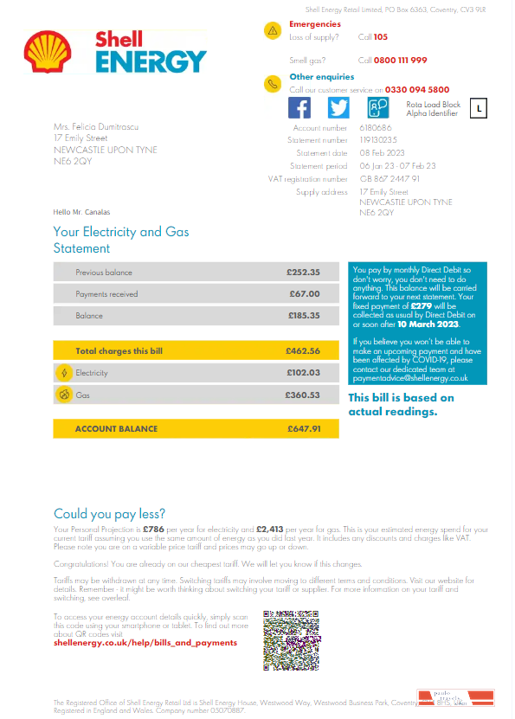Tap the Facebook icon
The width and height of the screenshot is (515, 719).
pos(299,107)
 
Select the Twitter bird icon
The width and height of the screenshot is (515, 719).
pos(338,107)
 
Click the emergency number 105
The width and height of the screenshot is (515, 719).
pos(381,37)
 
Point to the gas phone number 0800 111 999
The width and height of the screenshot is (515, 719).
pos(401,60)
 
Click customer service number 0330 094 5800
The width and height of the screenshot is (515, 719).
pos(417,89)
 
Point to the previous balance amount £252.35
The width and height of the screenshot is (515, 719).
pos(303,273)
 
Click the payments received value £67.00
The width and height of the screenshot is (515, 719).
pos(305,294)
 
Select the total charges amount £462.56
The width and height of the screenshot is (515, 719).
pos(303,351)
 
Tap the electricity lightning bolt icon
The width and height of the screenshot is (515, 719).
pos(63,373)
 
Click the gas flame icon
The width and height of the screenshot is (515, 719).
pos(63,395)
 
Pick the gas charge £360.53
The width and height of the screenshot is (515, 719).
pos(303,395)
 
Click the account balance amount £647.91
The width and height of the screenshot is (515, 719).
pos(304,428)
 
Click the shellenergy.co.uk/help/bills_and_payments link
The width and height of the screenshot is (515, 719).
pos(145,643)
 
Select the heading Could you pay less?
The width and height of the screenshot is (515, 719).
pos(109,513)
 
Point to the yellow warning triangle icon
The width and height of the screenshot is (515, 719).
pos(273,30)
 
